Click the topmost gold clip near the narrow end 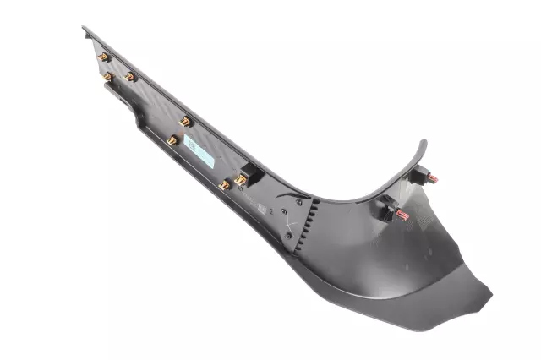(x=103, y=57)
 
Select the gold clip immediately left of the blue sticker (x=172, y=140)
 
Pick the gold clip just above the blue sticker (x=185, y=121)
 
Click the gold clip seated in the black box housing (x=240, y=179)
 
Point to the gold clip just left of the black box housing (x=224, y=184)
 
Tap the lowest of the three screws (x=287, y=235)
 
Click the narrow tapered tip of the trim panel (x=85, y=30)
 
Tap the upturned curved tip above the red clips (x=424, y=145)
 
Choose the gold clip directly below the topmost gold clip (x=107, y=77)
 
